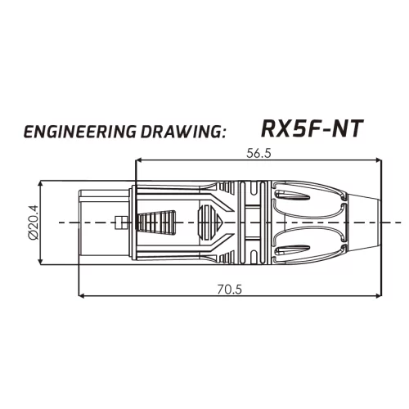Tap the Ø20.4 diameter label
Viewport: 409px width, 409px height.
point(34,222)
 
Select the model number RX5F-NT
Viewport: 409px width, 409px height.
point(312,128)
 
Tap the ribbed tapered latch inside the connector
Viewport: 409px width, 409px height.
point(159,222)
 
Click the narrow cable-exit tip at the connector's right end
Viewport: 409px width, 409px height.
point(372,222)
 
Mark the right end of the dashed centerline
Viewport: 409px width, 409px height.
point(400,222)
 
